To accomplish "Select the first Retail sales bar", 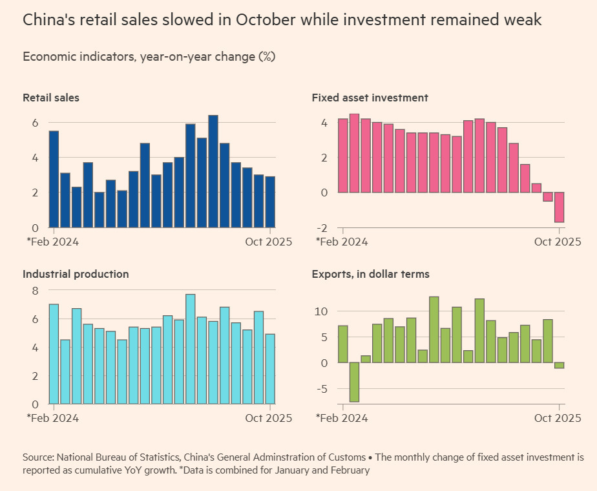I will tap(54, 179).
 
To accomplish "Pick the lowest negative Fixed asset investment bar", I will tap(559, 207).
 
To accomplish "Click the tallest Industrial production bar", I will tap(191, 349).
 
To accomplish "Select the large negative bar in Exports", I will tap(354, 382).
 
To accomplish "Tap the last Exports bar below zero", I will tap(559, 365).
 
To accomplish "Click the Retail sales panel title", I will tap(51, 98).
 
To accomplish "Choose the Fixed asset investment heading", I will tap(370, 98).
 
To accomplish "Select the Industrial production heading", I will tap(76, 274).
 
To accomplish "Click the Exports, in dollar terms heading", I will tap(370, 274).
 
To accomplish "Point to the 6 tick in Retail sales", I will tap(36, 123).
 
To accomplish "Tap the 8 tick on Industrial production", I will tap(36, 291).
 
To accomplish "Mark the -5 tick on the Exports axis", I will tap(322, 389).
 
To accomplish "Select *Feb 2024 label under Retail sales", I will tap(52, 242).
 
